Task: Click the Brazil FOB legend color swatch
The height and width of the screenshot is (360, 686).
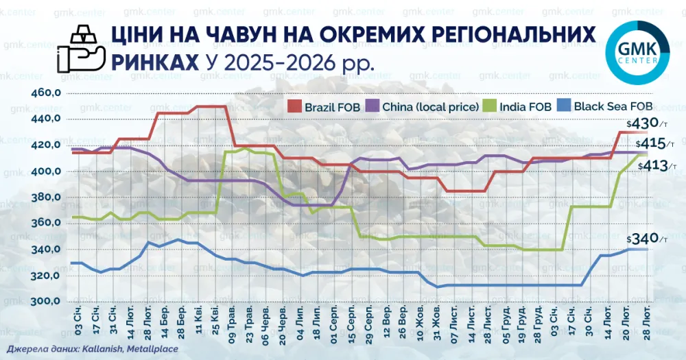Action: pos(294,106)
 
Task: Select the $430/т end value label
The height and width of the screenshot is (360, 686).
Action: pos(647,123)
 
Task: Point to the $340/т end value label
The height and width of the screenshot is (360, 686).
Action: pos(647,239)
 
